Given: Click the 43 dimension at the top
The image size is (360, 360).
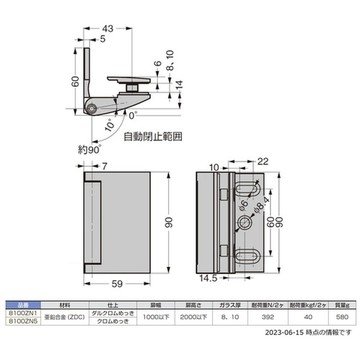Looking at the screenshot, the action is tap(108, 29).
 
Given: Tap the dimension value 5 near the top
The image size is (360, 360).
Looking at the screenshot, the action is tap(103, 39).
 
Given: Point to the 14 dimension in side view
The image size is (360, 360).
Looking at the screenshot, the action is tap(179, 85).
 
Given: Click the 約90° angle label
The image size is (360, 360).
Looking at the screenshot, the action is tap(89, 150).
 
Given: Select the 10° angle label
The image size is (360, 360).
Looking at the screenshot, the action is tap(110, 125).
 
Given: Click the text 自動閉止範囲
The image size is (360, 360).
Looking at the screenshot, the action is tap(153, 136).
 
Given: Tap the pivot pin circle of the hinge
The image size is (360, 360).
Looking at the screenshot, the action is tap(92, 109).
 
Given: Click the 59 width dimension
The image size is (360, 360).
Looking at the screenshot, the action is tap(117, 284).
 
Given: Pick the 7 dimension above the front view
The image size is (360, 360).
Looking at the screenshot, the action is tap(104, 166).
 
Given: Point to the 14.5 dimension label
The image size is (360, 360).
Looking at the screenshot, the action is tap(208, 278).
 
